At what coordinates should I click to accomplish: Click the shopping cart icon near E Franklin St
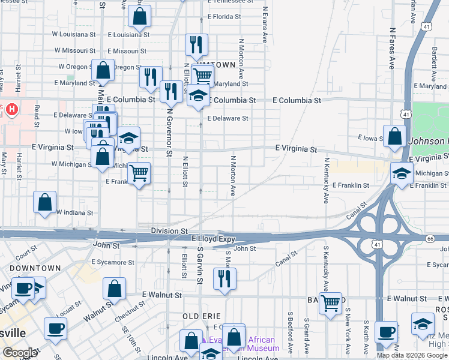[x=139, y=173]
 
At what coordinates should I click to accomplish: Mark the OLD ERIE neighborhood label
[x=202, y=316]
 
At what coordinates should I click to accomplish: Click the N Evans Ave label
[x=265, y=25]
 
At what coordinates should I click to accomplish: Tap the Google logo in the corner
[x=20, y=352]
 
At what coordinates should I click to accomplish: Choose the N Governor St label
[x=170, y=132]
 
